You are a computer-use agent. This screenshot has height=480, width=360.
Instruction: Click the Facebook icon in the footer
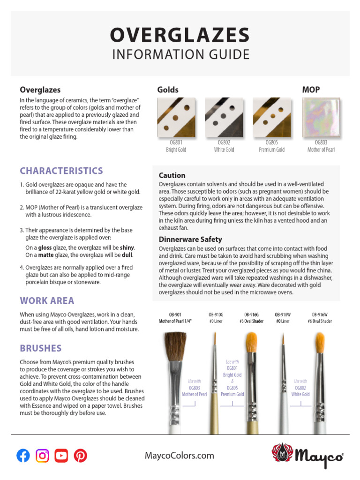tap(23, 455)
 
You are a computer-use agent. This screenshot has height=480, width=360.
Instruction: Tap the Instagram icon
tap(42, 455)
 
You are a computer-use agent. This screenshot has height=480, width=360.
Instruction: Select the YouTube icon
tap(61, 455)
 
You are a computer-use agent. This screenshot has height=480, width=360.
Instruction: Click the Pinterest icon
tap(81, 455)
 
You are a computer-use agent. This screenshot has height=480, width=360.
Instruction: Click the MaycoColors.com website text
tap(180, 455)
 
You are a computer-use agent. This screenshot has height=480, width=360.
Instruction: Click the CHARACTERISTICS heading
tap(61, 171)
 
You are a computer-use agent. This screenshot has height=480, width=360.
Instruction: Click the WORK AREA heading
tap(47, 300)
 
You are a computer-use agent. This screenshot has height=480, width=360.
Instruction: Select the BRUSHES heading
tap(41, 348)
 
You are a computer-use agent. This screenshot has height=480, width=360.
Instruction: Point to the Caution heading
tap(172, 175)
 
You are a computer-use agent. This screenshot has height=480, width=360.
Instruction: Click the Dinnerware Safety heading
tap(190, 240)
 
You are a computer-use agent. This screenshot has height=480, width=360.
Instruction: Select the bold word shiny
tap(127, 247)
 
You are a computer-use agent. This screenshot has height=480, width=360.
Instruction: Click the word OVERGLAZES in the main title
tap(180, 36)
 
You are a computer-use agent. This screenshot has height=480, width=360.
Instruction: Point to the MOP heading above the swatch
tap(311, 90)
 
